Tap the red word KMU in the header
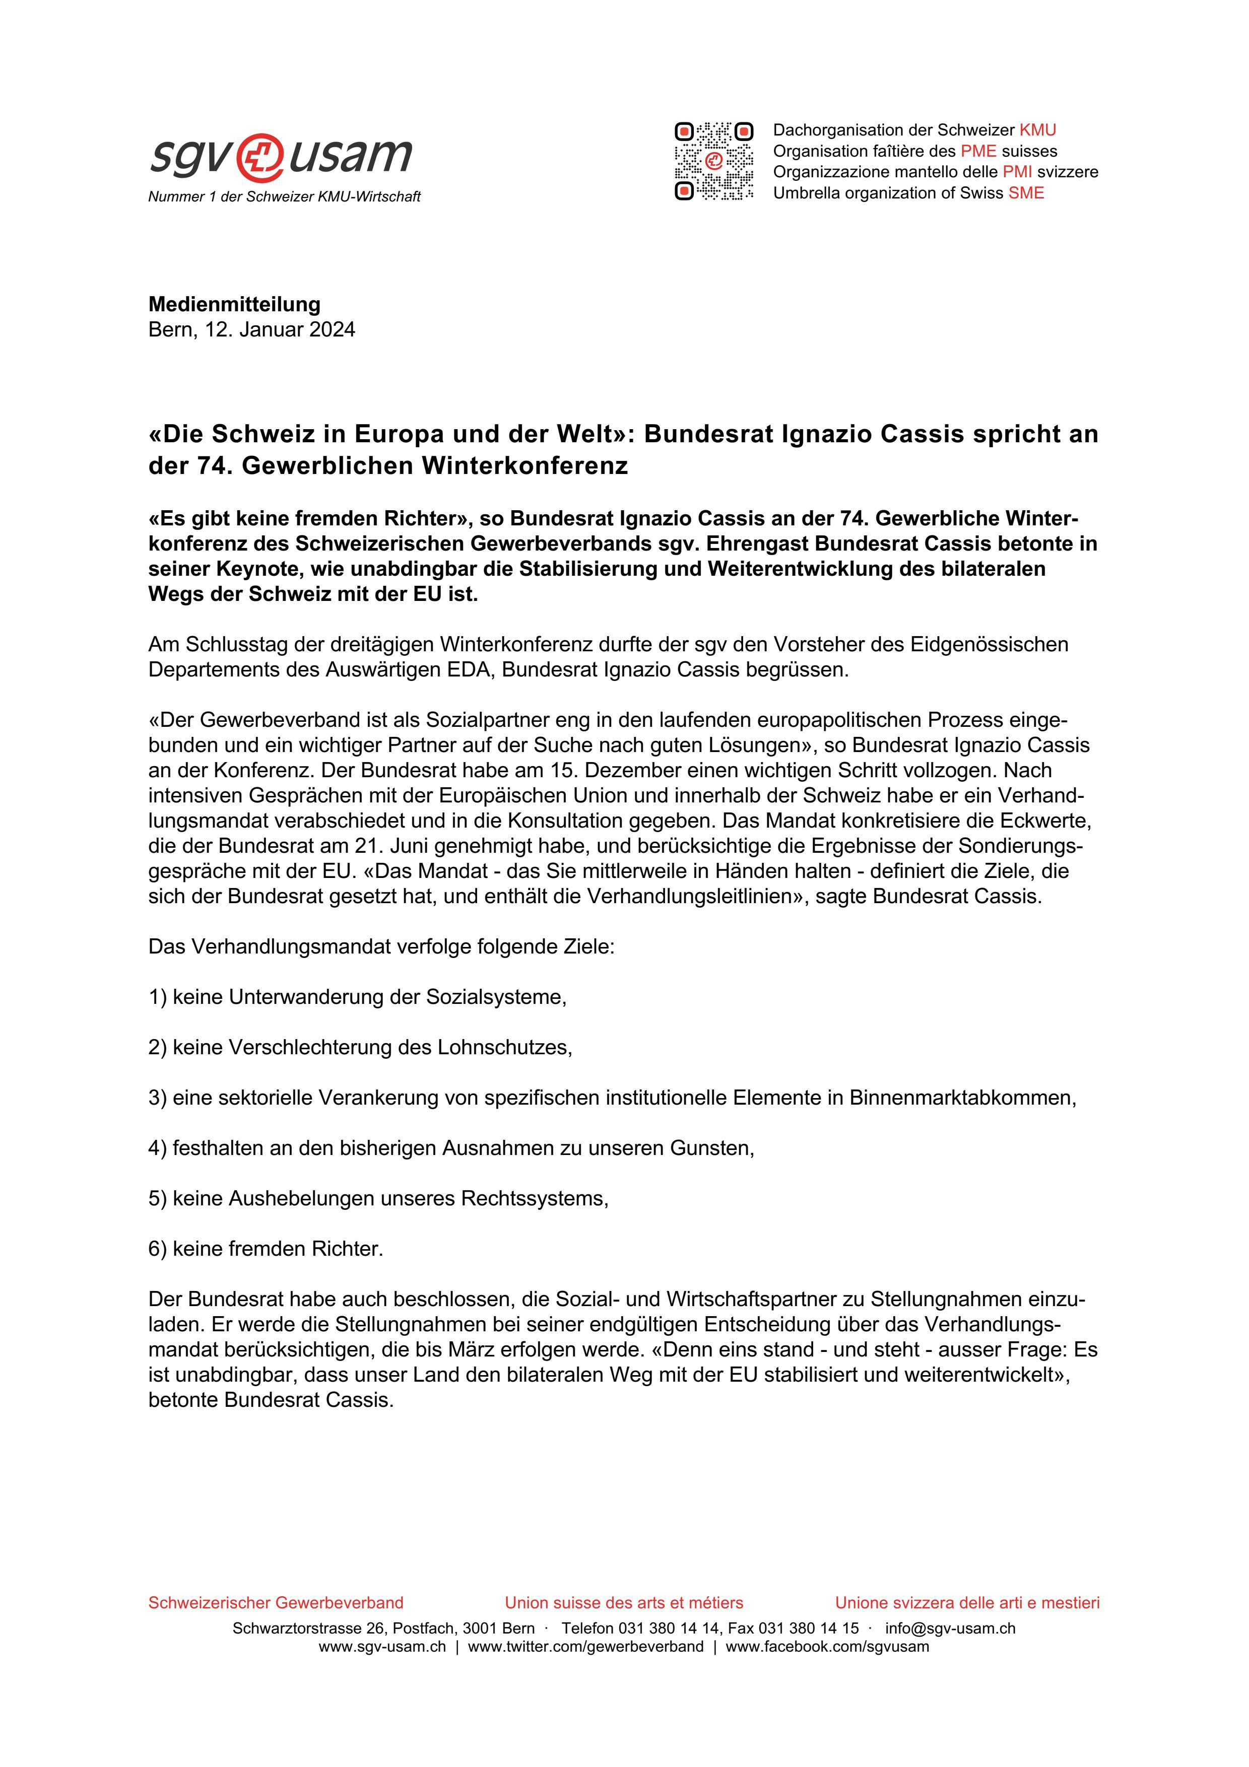(x=1037, y=130)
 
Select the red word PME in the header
(x=978, y=151)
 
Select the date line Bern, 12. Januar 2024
(x=251, y=330)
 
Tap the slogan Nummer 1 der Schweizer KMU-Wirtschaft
(x=284, y=197)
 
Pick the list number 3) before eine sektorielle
(x=157, y=1098)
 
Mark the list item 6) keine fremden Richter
(x=266, y=1249)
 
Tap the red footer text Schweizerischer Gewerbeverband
(x=276, y=1603)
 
